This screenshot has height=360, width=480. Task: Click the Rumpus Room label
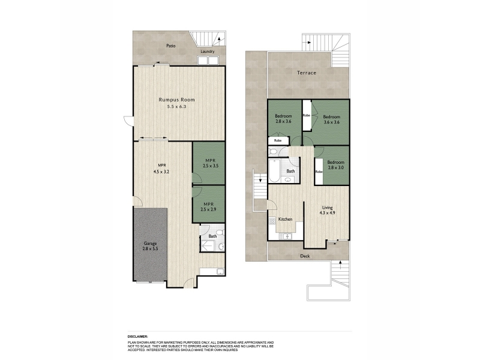(176, 100)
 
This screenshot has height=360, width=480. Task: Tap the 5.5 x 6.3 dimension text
(176, 107)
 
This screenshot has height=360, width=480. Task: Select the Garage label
(150, 244)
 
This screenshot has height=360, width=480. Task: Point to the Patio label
(171, 46)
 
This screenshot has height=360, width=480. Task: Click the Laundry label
(208, 52)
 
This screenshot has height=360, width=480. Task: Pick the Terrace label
(307, 73)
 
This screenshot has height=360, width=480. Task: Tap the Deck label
(305, 256)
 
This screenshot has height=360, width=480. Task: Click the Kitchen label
(285, 219)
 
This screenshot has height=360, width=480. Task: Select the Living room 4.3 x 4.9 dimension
(327, 213)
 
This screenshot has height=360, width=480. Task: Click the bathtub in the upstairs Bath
(274, 170)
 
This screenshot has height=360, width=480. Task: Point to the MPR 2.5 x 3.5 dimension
(211, 166)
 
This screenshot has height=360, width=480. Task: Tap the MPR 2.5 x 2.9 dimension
(208, 209)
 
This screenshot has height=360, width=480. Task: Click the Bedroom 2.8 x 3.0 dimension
(336, 168)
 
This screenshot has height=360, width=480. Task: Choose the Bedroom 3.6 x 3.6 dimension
(332, 122)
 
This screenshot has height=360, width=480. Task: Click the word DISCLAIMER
(137, 337)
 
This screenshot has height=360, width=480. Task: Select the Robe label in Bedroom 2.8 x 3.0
(319, 172)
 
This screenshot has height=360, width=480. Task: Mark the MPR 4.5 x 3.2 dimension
(161, 172)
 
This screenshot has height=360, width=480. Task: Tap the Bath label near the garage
(212, 236)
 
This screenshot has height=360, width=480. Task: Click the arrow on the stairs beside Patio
(219, 39)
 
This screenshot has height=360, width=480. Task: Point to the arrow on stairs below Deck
(340, 263)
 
